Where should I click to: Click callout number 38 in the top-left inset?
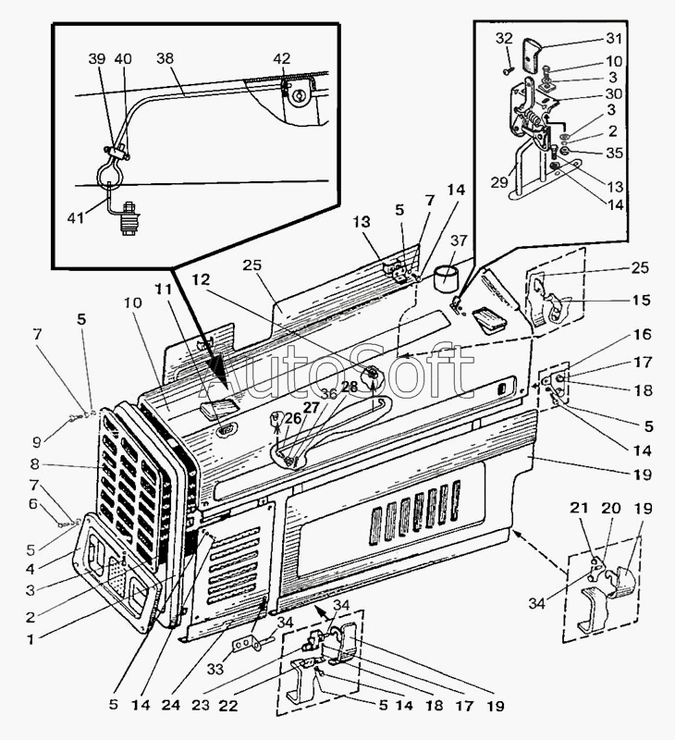point(166,58)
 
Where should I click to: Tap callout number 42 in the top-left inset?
point(282,58)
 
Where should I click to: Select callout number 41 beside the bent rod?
point(76,217)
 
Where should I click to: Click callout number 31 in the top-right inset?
point(614,38)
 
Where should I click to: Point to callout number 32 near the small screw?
point(504,38)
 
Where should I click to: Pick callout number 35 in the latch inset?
point(615,153)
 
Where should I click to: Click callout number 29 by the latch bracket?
point(499,181)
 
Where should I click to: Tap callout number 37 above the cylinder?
point(458,240)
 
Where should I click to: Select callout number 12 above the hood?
point(201,279)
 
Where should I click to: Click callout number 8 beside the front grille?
point(34,464)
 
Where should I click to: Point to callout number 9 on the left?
point(36,442)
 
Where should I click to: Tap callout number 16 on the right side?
point(642,334)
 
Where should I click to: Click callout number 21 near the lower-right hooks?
point(579,508)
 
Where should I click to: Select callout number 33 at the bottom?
point(215,669)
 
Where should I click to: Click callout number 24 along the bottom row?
point(171,705)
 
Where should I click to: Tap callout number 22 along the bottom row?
point(228,705)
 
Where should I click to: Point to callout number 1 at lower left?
point(31,639)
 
